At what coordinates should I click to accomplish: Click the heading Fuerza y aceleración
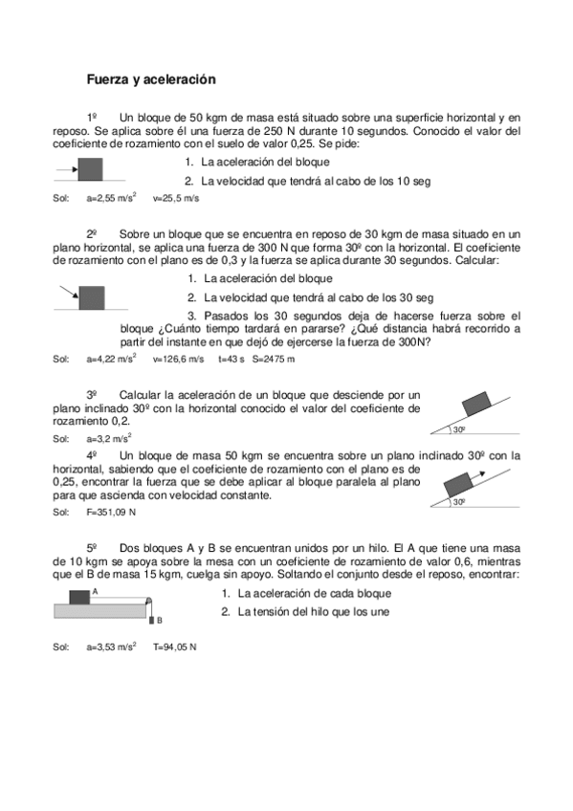pos(152,80)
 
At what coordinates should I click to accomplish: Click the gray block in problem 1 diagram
pos(90,170)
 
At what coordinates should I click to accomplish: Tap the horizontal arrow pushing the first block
pos(67,171)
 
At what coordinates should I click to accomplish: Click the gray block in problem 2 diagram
pos(92,296)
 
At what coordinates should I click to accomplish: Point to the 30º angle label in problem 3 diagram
pos(459,429)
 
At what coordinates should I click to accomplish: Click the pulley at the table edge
pos(149,600)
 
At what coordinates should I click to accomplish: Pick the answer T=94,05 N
pos(175,647)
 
